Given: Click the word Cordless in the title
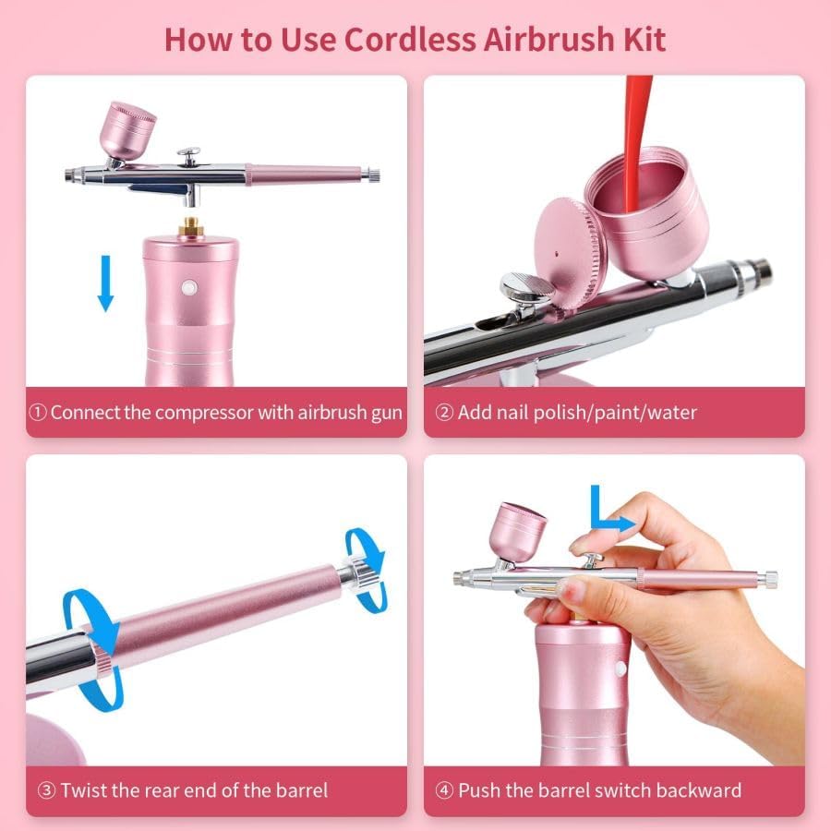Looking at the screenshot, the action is point(410,39).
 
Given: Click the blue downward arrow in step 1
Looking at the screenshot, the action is point(105,283).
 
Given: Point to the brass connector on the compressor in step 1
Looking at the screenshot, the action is point(191,226).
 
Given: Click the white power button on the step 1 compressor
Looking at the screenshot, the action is point(189,288).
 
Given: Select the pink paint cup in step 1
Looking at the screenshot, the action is point(127,131).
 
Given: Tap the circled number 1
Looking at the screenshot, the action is point(38,413).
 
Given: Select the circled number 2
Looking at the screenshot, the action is point(444,413).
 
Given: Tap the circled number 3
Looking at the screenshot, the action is point(47,790).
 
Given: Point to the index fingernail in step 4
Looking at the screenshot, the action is point(579,542).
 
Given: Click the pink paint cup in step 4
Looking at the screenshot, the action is point(516,532).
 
